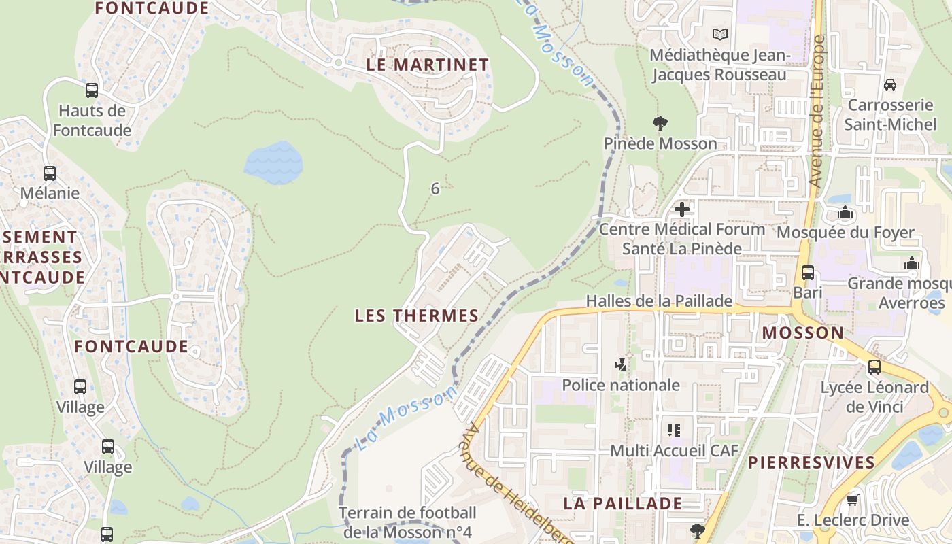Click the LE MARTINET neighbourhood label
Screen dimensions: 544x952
tap(427, 65)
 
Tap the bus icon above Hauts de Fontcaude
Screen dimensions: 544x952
tap(91, 90)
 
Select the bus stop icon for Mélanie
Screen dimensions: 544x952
tap(50, 173)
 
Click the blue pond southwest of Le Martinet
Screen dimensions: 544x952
tap(273, 163)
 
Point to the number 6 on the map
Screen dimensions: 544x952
tap(435, 189)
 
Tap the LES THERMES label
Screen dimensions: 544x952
tap(417, 316)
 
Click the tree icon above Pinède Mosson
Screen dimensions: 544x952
tap(660, 124)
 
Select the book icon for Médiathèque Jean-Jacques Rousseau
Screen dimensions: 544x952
tap(719, 34)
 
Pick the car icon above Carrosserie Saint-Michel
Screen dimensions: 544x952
tap(889, 85)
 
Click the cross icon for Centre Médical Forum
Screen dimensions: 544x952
tap(682, 209)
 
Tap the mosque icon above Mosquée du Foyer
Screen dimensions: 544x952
tap(845, 213)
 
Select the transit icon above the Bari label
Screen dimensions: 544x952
tap(808, 273)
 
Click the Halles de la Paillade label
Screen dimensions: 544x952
tap(659, 301)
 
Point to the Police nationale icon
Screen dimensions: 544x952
tap(620, 365)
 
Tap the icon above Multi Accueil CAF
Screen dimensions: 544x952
tap(674, 430)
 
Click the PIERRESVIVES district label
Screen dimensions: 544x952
tap(811, 462)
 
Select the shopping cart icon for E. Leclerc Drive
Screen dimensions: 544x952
tap(852, 500)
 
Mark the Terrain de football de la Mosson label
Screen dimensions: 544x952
tap(407, 522)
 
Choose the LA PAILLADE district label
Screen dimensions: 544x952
tap(622, 503)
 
